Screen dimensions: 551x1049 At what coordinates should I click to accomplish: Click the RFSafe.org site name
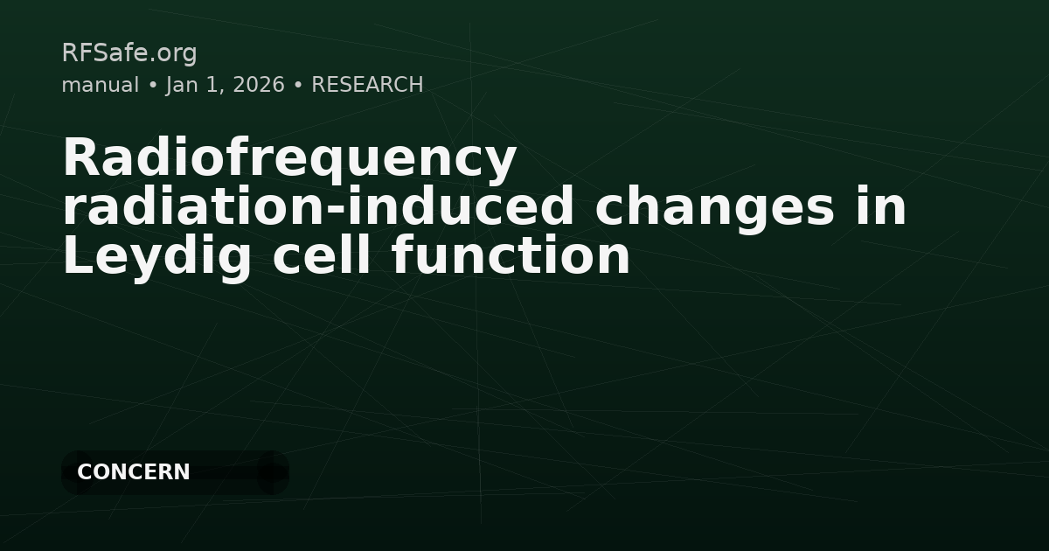click(x=129, y=53)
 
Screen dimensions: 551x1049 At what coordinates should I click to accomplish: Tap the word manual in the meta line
click(x=100, y=85)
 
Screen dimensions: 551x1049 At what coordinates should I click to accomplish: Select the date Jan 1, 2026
click(x=225, y=85)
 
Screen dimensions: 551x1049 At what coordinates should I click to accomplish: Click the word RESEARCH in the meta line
click(x=367, y=85)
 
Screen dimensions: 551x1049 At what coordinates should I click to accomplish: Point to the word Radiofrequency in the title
click(x=289, y=159)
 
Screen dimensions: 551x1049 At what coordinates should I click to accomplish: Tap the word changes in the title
click(x=714, y=208)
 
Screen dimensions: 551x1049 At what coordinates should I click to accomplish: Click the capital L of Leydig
click(x=75, y=257)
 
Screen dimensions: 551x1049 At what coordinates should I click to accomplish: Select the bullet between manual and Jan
click(x=152, y=85)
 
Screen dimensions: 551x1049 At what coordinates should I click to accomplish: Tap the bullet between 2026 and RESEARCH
click(x=298, y=85)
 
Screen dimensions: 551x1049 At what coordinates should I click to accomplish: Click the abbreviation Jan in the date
click(x=181, y=85)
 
